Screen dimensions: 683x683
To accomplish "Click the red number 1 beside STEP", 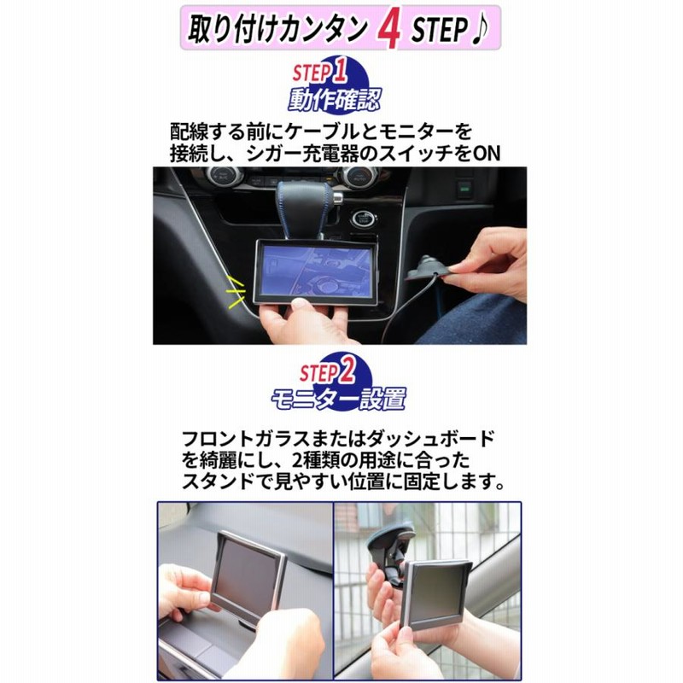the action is [x=339, y=70].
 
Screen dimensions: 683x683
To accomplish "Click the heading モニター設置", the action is [x=338, y=399].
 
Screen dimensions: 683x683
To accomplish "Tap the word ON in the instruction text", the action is [x=486, y=154].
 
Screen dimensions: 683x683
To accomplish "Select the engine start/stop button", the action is [x=364, y=219].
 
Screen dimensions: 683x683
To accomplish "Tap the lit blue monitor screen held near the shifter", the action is [x=315, y=270].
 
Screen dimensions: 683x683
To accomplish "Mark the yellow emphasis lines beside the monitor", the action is [x=235, y=291].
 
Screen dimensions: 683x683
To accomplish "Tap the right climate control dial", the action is [x=356, y=178].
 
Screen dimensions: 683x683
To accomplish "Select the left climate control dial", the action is [x=223, y=176].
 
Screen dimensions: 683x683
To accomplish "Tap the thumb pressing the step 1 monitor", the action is [x=301, y=304].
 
